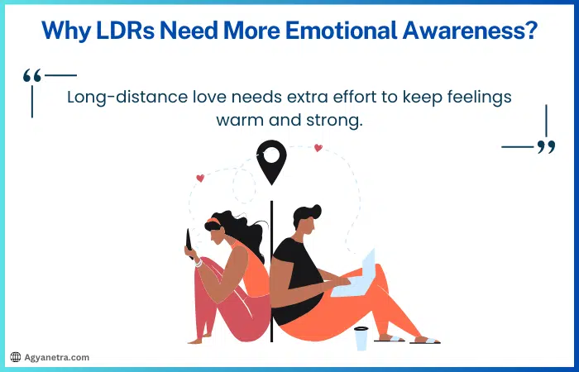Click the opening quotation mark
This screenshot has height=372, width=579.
pyautogui.click(x=32, y=77)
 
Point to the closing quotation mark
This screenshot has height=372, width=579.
pyautogui.click(x=546, y=147)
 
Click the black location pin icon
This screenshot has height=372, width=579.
pyautogui.click(x=271, y=160)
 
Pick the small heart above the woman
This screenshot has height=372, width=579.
pyautogui.click(x=200, y=178)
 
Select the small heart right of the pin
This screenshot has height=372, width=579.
pyautogui.click(x=318, y=149)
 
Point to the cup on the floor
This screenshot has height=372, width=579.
pyautogui.click(x=361, y=338)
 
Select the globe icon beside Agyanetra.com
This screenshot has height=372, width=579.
pyautogui.click(x=15, y=357)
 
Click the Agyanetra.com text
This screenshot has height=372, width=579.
pyautogui.click(x=56, y=357)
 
